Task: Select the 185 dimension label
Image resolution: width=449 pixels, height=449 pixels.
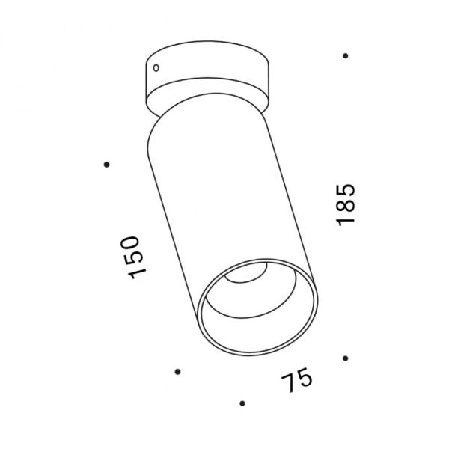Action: coord(346,205)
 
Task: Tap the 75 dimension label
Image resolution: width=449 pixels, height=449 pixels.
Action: coord(296,380)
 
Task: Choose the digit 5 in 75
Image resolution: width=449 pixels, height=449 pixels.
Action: coord(305,377)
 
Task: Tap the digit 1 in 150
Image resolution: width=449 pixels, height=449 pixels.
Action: coord(138,275)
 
